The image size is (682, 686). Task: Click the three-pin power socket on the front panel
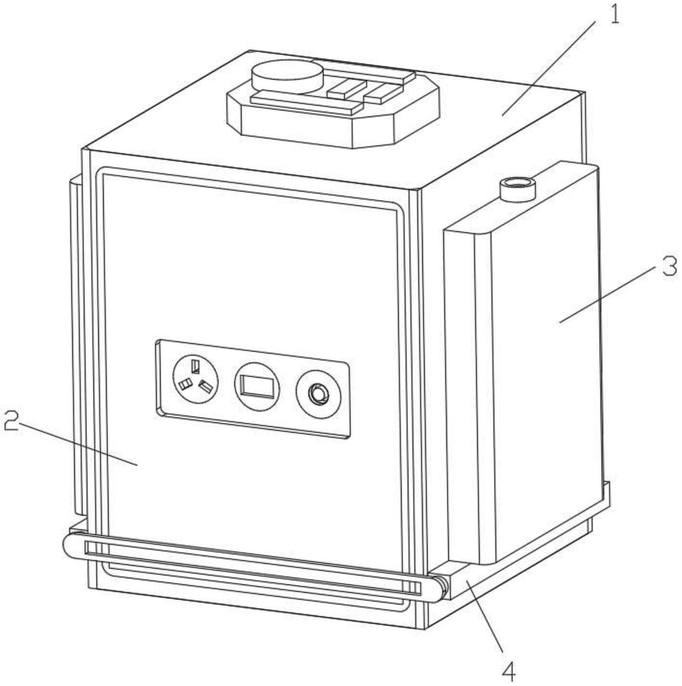[195, 379]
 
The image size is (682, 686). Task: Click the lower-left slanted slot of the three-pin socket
[184, 384]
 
